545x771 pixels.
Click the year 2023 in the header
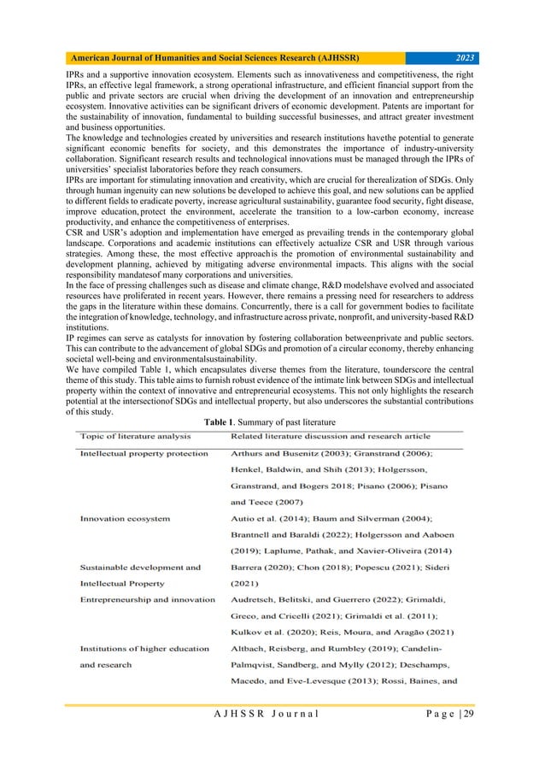pos(466,57)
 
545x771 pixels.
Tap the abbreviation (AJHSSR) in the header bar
pos(331,57)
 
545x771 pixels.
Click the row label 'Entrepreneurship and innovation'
pos(147,599)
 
